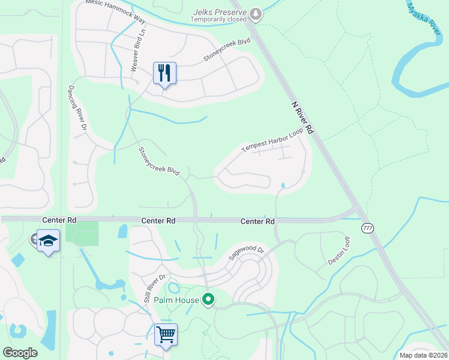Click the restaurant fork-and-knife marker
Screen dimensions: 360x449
(164, 73)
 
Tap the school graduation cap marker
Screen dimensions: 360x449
(48, 241)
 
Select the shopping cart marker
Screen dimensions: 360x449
(166, 334)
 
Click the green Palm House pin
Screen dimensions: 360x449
(208, 299)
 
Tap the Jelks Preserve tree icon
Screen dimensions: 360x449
(256, 13)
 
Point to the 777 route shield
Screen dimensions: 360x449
(367, 228)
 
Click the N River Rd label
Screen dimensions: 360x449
(303, 117)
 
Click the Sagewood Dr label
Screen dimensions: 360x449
(246, 252)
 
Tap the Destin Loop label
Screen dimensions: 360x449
(339, 251)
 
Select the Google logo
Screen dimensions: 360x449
(20, 353)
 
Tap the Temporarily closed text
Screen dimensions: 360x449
(218, 19)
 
